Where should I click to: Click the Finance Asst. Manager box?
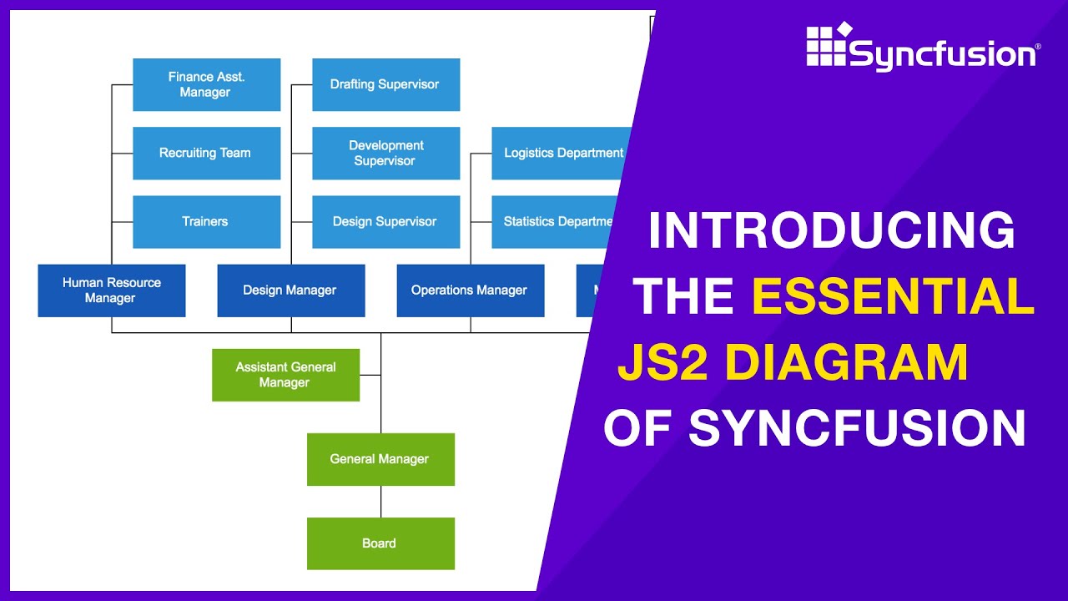point(206,84)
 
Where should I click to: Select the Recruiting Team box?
point(206,153)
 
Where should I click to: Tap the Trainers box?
point(206,221)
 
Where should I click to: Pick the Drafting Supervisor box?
point(385,84)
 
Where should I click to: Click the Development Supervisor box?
point(385,153)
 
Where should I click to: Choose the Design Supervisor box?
point(385,221)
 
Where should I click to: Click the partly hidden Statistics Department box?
point(555,221)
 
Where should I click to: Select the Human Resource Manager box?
point(111,290)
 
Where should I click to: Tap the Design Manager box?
point(290,290)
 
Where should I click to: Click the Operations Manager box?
point(470,290)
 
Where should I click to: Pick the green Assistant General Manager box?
point(285,375)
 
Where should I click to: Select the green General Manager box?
point(380,459)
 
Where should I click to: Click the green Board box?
point(380,543)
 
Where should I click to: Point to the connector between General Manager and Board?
point(381,501)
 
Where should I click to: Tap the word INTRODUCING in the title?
point(831,231)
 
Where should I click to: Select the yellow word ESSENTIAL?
point(893,296)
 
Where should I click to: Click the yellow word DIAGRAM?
point(847,363)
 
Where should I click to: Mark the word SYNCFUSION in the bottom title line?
point(857,428)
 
